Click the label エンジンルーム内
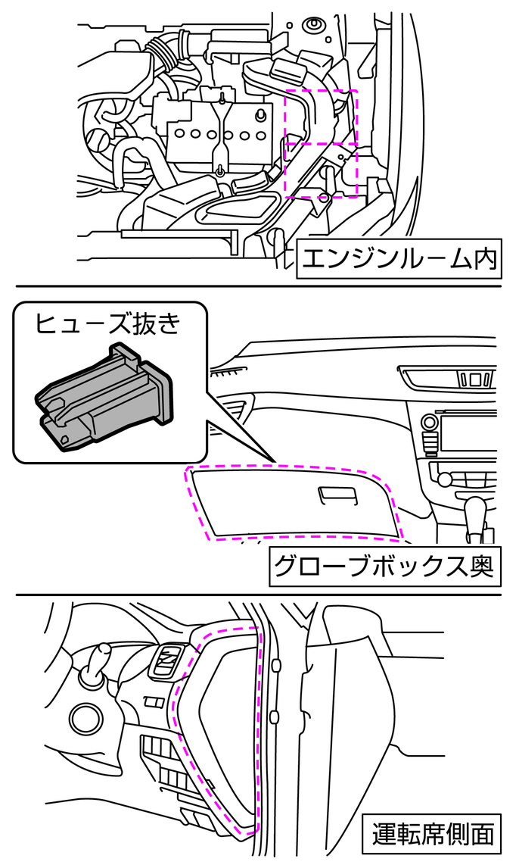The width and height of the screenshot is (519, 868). tap(398, 260)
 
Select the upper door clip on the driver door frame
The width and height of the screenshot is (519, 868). tap(275, 665)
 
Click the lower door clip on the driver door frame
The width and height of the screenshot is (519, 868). tap(274, 717)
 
